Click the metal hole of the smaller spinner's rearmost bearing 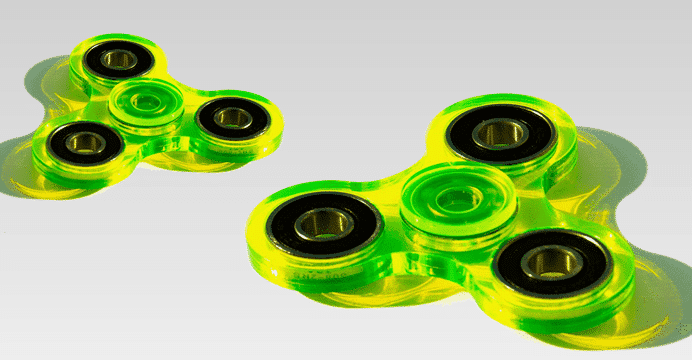120,58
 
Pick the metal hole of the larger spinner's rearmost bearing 500,134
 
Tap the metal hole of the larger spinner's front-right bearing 551,262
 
